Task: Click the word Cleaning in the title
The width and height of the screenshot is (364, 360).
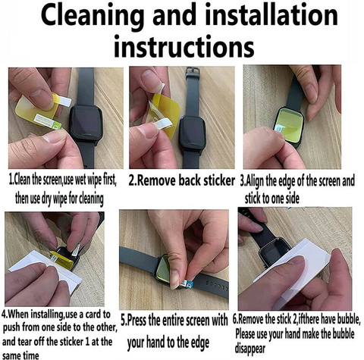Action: coord(93,16)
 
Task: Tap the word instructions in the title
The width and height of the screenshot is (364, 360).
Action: coord(184,47)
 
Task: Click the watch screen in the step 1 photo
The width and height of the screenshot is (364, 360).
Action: coord(86,124)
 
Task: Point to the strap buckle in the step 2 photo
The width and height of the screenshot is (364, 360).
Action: coord(192,71)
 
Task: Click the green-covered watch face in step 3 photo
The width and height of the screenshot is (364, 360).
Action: coord(289,123)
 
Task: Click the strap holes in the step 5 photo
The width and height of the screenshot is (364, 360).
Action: coord(217,285)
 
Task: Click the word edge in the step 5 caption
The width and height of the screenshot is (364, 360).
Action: coord(199,343)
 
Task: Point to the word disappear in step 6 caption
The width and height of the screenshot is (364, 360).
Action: coord(250,349)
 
